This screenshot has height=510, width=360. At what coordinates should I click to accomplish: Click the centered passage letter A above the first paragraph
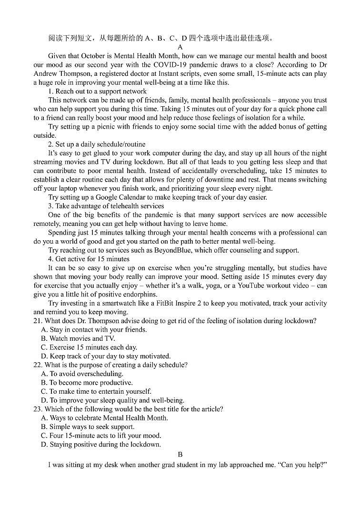tap(180, 47)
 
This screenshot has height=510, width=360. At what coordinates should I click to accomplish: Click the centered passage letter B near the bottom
tap(180, 455)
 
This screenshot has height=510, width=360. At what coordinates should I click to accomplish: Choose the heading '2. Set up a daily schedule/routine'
tap(97, 144)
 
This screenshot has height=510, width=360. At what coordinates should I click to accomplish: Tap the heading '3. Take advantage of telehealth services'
tap(106, 206)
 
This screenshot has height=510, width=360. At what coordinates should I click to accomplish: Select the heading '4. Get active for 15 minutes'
tap(89, 259)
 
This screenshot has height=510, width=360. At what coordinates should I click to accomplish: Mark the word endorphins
tap(139, 294)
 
